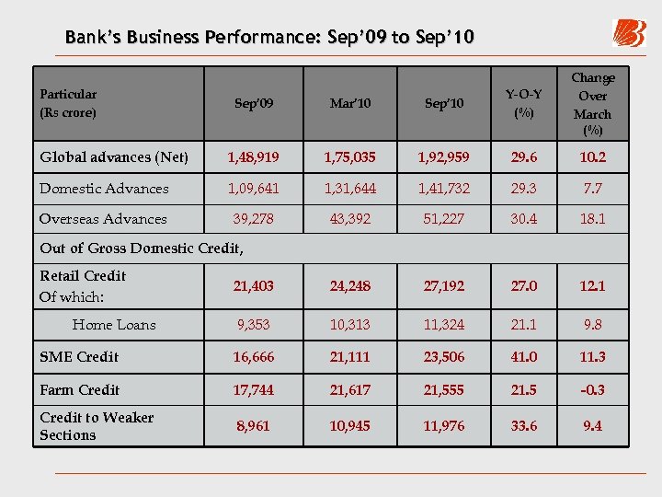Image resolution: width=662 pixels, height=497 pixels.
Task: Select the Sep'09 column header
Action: (x=253, y=103)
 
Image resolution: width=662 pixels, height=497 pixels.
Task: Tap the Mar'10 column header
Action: (x=349, y=103)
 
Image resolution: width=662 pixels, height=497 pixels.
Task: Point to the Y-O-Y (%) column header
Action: (x=524, y=103)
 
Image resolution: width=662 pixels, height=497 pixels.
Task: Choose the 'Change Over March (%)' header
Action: (x=592, y=103)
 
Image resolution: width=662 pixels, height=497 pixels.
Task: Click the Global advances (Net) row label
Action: (x=114, y=157)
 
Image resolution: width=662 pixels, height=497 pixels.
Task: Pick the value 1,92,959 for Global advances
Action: (x=445, y=157)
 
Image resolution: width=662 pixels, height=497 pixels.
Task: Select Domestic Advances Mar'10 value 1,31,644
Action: (x=349, y=189)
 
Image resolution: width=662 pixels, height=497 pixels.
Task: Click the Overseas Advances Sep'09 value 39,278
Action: (x=253, y=219)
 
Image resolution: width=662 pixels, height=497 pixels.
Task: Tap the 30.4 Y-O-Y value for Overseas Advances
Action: (x=524, y=219)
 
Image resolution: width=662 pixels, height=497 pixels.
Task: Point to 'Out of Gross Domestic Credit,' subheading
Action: (x=142, y=248)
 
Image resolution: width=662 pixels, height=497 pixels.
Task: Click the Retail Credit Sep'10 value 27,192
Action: (x=445, y=286)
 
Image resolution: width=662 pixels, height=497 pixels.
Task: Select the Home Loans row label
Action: (x=114, y=325)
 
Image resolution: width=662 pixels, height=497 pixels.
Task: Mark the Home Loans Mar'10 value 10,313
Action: (x=349, y=325)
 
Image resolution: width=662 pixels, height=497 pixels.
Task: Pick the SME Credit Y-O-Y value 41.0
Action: (x=524, y=357)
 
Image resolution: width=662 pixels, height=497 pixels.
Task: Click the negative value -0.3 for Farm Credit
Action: (x=592, y=390)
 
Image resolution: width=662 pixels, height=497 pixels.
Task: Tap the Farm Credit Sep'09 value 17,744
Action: (x=253, y=390)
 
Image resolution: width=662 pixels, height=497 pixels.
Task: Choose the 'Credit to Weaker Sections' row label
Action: (x=97, y=426)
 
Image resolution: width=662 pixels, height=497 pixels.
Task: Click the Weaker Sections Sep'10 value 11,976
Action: (x=445, y=426)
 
